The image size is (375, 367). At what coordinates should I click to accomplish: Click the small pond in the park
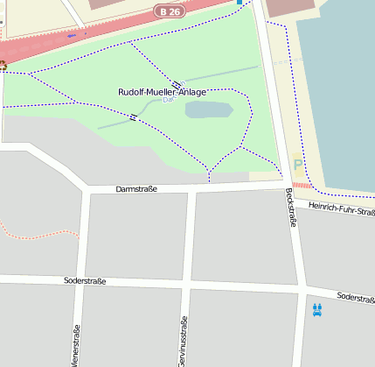point(209,110)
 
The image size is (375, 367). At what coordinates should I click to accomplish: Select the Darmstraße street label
point(136,189)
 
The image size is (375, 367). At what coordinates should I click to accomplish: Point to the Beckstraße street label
point(290,208)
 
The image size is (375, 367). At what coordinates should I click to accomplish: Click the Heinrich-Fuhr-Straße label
point(342,208)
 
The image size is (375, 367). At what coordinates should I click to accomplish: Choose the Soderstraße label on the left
point(85,281)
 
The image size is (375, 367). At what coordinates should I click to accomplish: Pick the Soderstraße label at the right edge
point(355,298)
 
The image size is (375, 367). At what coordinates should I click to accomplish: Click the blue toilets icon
point(316,309)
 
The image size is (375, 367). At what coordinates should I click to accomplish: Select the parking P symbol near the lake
point(298,164)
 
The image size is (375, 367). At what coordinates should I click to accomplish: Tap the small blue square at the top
point(240,3)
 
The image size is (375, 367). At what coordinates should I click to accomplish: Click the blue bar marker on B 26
point(72,35)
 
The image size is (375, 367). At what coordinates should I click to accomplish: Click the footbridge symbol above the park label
point(177,83)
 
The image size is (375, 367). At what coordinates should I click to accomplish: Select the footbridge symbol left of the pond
point(134,116)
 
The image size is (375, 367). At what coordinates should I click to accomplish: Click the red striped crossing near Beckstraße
point(302,186)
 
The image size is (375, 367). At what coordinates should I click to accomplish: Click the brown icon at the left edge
point(3,65)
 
